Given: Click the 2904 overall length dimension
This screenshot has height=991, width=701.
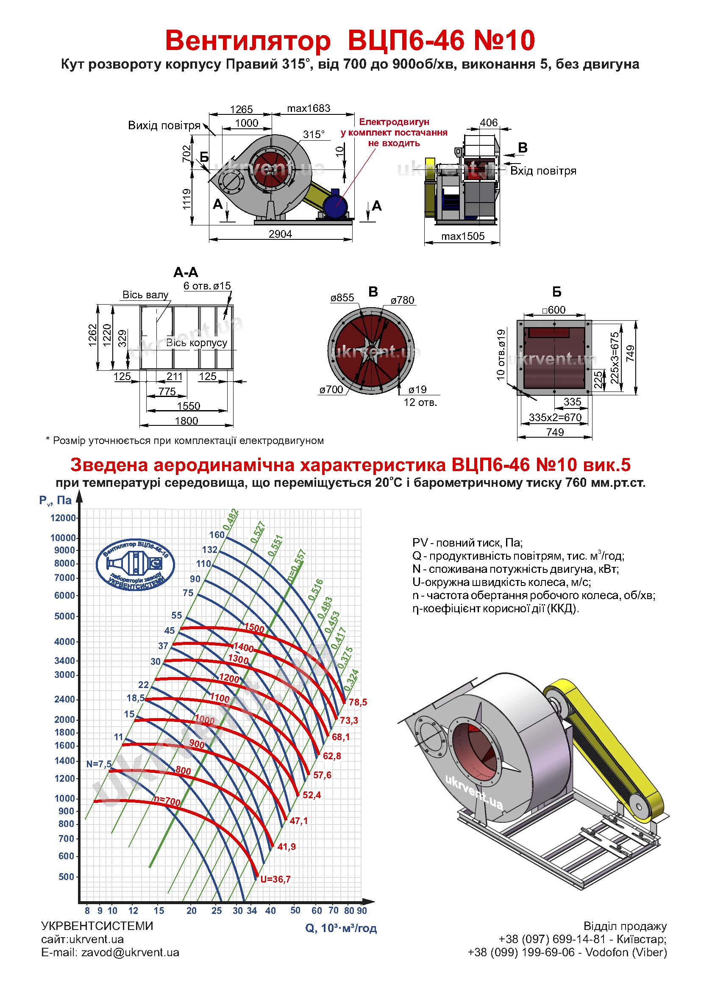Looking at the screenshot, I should click(280, 234).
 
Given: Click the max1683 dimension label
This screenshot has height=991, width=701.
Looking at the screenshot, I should click(309, 108).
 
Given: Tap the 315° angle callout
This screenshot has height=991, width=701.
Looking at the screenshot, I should click(313, 134).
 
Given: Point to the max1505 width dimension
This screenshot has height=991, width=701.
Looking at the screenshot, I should click(463, 236).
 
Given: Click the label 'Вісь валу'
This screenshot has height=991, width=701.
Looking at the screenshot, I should click(145, 295).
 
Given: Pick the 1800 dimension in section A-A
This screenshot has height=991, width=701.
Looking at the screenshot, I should click(186, 421).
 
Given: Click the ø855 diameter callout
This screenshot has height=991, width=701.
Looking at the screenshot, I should click(342, 297).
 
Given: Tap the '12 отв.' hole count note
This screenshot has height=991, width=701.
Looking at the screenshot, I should click(420, 403).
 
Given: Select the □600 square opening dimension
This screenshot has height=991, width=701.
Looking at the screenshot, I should click(554, 309).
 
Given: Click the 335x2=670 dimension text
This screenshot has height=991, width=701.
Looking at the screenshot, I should click(555, 417).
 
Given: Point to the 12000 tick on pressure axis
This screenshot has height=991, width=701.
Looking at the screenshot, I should click(63, 518).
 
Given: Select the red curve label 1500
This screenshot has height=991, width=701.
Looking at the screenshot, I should click(254, 628).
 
